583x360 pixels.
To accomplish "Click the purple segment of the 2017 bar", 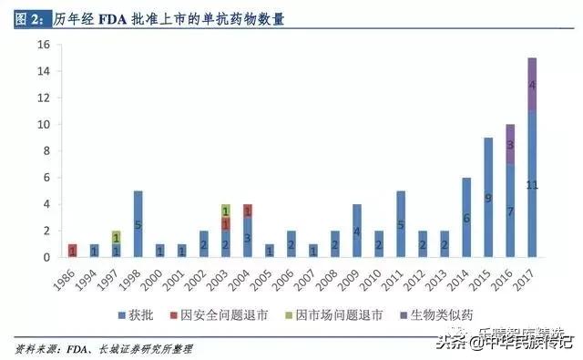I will point(532,85).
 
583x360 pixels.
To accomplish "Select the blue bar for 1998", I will point(138,224).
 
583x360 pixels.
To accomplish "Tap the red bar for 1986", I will point(73,251).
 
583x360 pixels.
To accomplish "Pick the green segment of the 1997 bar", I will point(117,237).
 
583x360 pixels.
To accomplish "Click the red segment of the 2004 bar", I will point(248,211).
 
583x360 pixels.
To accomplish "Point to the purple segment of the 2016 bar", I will point(510,145).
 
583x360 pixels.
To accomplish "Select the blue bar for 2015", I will point(488,198).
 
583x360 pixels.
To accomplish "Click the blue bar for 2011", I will point(401,224).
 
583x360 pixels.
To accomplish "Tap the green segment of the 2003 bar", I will point(226,211).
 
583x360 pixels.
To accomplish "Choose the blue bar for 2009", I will point(357,231).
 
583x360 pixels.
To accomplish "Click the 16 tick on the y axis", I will point(42,45).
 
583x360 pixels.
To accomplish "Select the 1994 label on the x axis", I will point(93,279).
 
